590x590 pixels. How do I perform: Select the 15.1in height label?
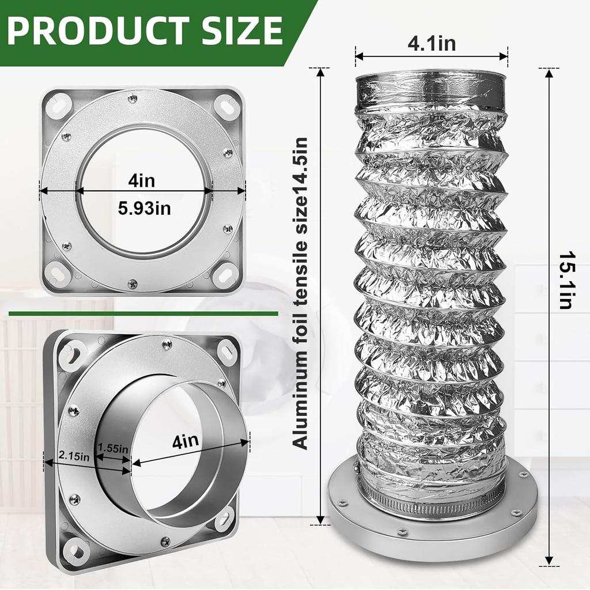[x=566, y=280]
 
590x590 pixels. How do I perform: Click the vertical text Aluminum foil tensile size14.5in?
[x=300, y=293]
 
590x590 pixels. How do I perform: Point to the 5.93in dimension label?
[x=144, y=208]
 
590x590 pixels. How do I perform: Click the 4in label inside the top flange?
[x=142, y=181]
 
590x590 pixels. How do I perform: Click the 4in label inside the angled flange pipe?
[x=186, y=441]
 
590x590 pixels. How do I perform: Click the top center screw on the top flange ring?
[x=133, y=99]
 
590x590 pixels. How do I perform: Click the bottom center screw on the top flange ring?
[x=133, y=283]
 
